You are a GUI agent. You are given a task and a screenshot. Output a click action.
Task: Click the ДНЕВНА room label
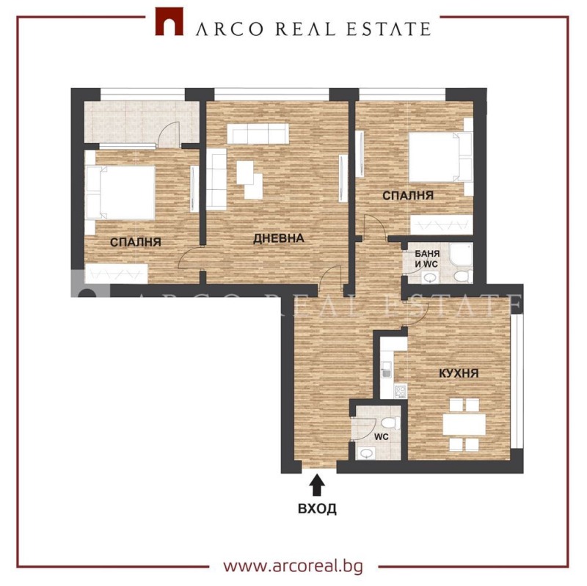[x=278, y=238]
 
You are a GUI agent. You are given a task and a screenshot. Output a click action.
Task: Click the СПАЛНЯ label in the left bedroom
[x=136, y=241]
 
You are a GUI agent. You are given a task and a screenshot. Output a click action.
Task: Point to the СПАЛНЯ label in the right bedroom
[x=407, y=196]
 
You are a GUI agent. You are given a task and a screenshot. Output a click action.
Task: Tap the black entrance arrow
[x=317, y=484]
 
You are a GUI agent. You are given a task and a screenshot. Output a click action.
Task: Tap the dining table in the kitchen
[x=463, y=425]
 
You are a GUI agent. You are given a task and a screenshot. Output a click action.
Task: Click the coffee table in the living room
[x=248, y=179]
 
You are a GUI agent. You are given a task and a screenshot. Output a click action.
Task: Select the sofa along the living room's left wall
[x=216, y=178]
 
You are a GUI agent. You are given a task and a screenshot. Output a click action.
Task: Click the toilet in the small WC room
[x=389, y=423]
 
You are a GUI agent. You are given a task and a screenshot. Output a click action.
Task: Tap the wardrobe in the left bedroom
[x=116, y=274]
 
